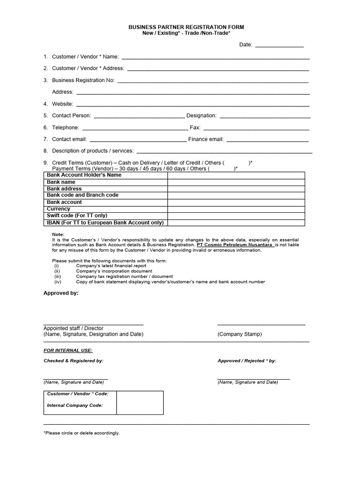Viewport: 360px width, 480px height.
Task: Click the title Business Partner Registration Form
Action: tap(186, 28)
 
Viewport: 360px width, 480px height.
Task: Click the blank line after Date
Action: tap(279, 45)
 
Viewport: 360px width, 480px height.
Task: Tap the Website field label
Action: tap(62, 104)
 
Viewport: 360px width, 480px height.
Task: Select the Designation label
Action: tap(202, 115)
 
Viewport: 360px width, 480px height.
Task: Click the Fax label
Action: tap(195, 127)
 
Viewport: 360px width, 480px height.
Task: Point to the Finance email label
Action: tap(206, 139)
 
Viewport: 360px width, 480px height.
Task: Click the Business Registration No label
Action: tap(83, 80)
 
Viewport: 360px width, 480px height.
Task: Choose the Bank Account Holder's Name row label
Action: tap(84, 175)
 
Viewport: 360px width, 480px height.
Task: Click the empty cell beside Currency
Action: tap(236, 209)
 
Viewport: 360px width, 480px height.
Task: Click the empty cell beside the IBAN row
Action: tap(236, 223)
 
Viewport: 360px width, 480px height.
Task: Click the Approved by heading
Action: tap(61, 293)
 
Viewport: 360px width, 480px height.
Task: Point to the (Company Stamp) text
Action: tap(240, 334)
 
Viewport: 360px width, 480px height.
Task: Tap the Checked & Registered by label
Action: tap(74, 361)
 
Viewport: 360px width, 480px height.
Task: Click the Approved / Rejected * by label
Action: tap(247, 361)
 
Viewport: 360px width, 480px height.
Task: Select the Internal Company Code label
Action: tap(75, 405)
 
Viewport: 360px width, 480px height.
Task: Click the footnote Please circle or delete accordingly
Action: tap(82, 433)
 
